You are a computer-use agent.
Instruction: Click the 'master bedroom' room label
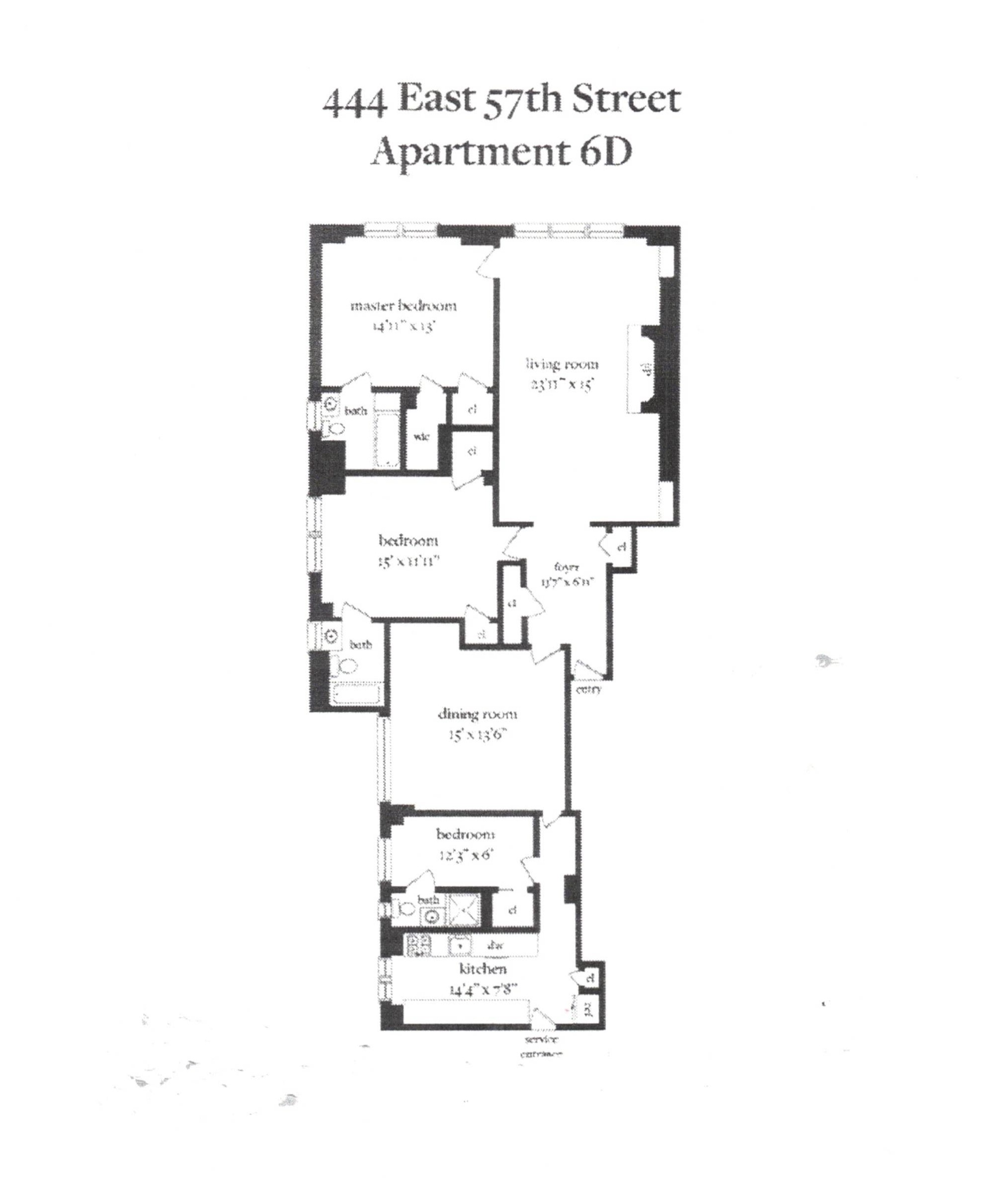coord(403,306)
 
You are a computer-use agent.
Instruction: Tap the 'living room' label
coord(562,365)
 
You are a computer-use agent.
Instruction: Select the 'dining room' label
coord(477,714)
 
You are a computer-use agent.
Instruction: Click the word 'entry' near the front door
coord(589,689)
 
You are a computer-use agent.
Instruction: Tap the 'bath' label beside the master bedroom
coord(355,411)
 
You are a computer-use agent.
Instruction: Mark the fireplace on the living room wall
coord(642,369)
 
